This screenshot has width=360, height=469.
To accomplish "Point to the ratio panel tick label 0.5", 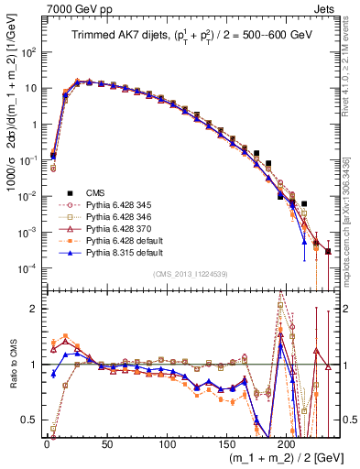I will coord(29,420).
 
